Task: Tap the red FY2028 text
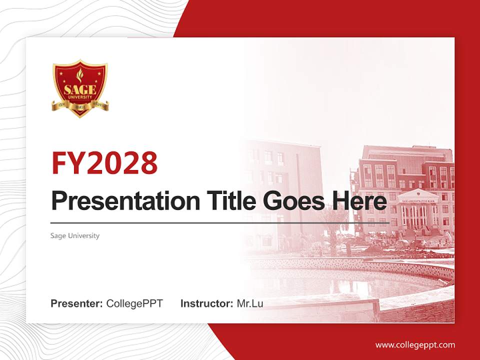click(x=104, y=163)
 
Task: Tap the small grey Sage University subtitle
click(x=75, y=235)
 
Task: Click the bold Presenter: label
click(x=77, y=303)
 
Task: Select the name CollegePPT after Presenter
click(x=134, y=303)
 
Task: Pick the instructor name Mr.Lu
click(x=250, y=303)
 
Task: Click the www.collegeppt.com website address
click(x=415, y=344)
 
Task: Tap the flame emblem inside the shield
click(x=80, y=76)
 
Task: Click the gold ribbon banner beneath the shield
click(x=80, y=106)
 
